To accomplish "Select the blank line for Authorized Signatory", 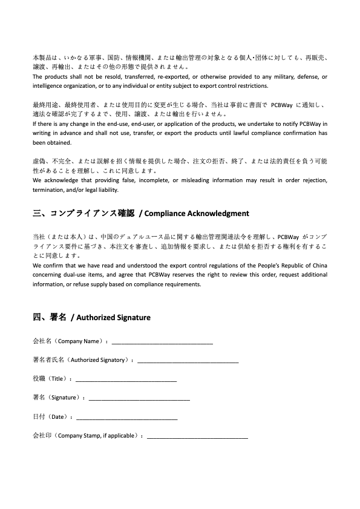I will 188,361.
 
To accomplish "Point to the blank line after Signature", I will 139,399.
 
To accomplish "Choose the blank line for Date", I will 127,418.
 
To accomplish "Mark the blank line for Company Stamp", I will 198,436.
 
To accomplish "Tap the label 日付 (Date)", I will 51,417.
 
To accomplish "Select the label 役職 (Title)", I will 52,379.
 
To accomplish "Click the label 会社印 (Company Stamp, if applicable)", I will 87,436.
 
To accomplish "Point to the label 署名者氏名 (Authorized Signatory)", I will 82,361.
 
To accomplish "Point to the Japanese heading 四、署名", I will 49,317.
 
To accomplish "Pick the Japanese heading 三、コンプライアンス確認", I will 83,214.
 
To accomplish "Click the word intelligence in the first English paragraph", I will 50,86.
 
